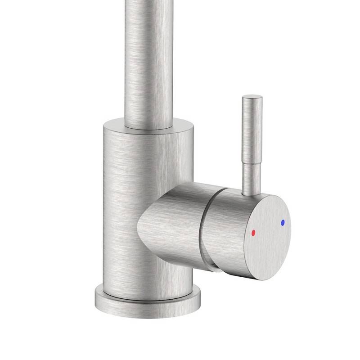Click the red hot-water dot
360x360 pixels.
click(x=253, y=233)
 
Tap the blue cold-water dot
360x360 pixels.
click(x=283, y=222)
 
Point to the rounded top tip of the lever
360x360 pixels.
click(x=252, y=96)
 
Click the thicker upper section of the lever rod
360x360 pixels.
click(x=252, y=130)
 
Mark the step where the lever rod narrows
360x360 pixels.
click(x=252, y=163)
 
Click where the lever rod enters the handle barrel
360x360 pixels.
click(x=250, y=193)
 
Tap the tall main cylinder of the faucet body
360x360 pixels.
click(x=121, y=202)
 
